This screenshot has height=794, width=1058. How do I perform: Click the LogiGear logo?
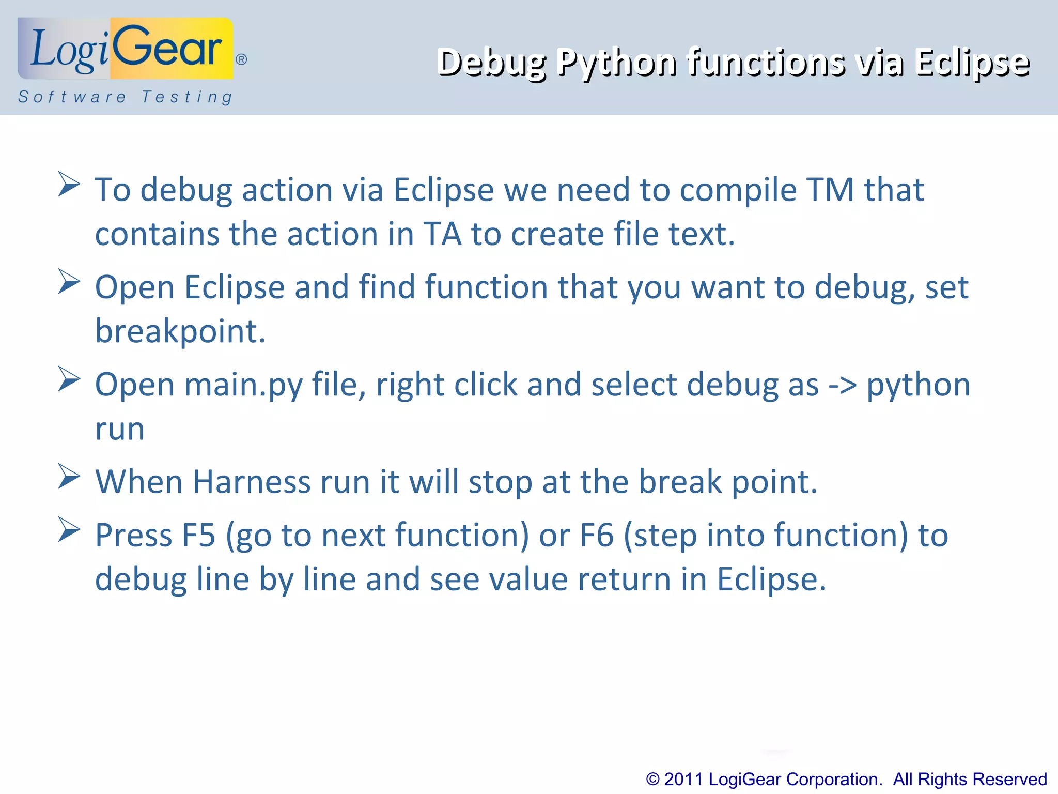(x=126, y=49)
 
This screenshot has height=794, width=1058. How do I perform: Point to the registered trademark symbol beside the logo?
(x=241, y=59)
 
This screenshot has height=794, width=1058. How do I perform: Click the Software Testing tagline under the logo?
(x=126, y=97)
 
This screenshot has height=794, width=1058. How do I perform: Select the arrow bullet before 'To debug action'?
(x=69, y=184)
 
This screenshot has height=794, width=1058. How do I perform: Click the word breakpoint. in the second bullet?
(x=180, y=331)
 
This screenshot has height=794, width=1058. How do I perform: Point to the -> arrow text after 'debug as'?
(x=843, y=385)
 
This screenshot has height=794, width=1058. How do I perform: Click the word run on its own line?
(x=119, y=429)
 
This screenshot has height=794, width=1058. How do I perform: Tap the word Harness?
(x=252, y=482)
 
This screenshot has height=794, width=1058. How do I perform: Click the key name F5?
(x=198, y=535)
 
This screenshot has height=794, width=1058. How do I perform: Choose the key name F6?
(x=597, y=535)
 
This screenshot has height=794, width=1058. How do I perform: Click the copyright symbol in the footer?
(x=652, y=779)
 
